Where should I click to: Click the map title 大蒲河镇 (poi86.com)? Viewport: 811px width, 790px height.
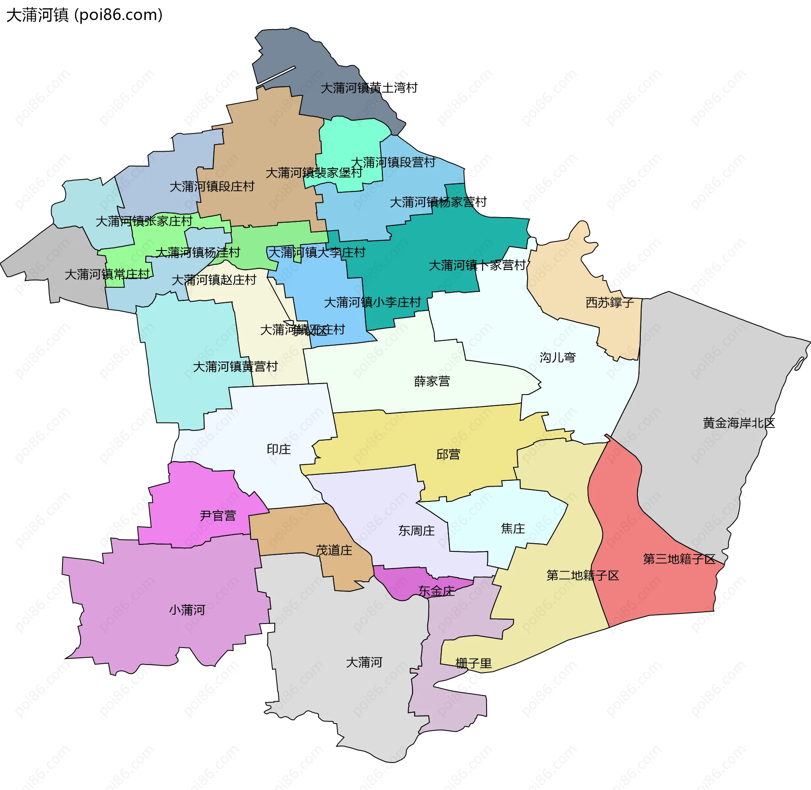pos(84,15)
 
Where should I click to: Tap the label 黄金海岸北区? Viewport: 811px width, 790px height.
pos(739,423)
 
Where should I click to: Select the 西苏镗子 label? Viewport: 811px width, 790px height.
pos(610,302)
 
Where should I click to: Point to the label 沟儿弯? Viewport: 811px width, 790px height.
pos(558,357)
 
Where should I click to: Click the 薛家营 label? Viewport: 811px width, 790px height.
pos(432,381)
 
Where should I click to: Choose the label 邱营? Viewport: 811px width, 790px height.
pos(448,454)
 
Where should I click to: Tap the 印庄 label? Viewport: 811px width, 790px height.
pos(279,449)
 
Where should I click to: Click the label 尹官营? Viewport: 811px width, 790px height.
pos(218,515)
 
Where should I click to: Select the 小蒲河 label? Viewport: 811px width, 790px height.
pos(187,610)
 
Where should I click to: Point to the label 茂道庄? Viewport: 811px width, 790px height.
pos(334,550)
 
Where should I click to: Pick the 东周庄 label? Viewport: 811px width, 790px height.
pos(416,531)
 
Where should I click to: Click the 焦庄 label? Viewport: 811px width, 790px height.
pos(513,528)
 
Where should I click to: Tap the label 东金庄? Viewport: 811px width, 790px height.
pos(436,591)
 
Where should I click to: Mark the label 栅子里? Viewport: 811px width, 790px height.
pos(474,663)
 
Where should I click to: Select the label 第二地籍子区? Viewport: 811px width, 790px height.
pos(582,575)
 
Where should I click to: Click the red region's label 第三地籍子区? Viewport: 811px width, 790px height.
pos(679,559)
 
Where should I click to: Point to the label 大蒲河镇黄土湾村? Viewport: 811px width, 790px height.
pos(369,88)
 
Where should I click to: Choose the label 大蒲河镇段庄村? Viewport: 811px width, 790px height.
pos(212,186)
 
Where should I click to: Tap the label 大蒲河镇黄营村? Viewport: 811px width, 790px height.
pos(235,366)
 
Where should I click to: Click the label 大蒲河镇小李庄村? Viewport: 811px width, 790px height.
pos(372,302)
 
